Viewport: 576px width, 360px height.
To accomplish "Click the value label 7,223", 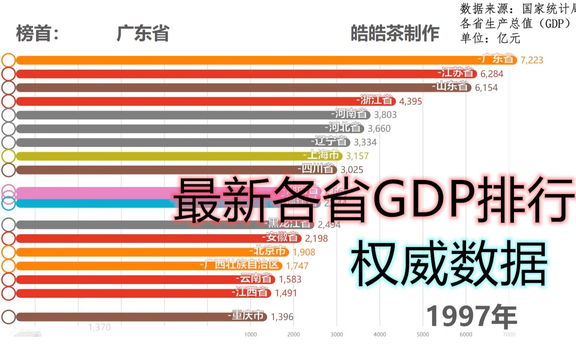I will [x=531, y=60].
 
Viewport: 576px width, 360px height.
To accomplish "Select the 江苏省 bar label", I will [x=457, y=73].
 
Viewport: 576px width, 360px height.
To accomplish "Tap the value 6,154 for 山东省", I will [x=486, y=88].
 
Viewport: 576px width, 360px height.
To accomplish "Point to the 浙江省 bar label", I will [x=376, y=100].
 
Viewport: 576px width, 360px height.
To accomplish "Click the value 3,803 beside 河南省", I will [x=385, y=115].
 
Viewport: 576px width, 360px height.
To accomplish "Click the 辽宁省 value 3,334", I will [x=365, y=142].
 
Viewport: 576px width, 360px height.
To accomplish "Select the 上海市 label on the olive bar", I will [x=323, y=155].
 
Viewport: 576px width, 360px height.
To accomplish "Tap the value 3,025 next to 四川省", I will [x=352, y=170].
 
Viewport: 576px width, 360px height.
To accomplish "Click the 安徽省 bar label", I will [x=282, y=237].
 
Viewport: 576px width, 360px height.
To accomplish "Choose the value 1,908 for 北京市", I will [x=304, y=252].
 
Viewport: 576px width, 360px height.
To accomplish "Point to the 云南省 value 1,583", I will [x=290, y=279].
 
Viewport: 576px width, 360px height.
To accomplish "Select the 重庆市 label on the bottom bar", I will [x=247, y=316].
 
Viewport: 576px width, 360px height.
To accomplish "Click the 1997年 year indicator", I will [x=471, y=317].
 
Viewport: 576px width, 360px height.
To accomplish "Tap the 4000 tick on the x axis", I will [x=379, y=334].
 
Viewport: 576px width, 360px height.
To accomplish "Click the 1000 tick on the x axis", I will [x=250, y=334].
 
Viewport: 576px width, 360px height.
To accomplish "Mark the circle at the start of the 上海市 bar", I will [x=9, y=156].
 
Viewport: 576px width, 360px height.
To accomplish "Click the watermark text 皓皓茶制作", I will [x=395, y=33].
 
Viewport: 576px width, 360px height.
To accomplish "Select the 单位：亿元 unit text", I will [x=490, y=38].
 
